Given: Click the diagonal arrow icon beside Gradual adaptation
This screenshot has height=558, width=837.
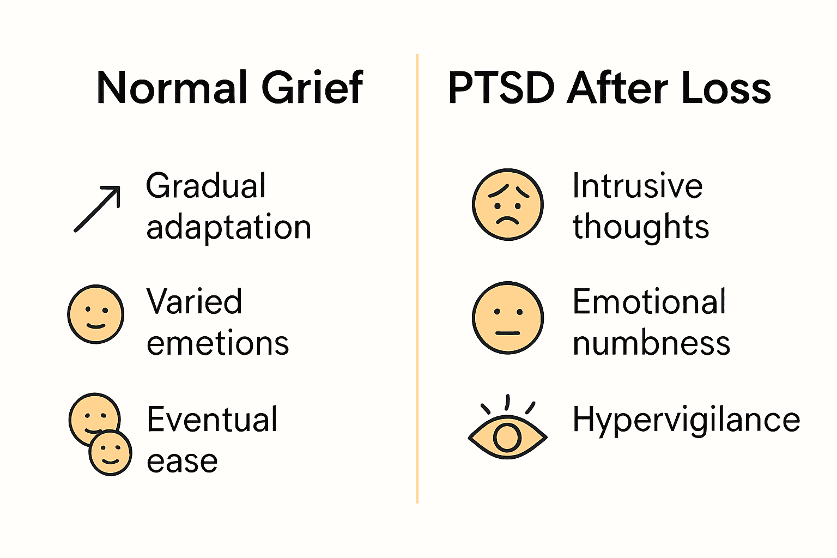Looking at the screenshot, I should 98,209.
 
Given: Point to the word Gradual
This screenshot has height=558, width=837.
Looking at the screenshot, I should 206,186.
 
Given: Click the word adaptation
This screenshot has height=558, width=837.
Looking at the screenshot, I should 229,228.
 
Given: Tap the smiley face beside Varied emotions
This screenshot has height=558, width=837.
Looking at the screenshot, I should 96,314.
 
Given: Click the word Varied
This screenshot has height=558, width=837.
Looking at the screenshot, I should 194,302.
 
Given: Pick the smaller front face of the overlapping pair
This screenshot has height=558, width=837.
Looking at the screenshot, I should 110,453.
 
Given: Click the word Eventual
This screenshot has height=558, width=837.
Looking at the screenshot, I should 212,420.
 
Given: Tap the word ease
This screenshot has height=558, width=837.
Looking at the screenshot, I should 182,461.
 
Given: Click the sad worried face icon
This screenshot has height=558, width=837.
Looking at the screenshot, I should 507,204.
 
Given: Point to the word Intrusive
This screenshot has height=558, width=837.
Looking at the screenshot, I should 637,186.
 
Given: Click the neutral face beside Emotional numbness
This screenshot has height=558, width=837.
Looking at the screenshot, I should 507,318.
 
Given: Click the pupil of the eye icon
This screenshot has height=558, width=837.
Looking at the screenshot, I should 507,437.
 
